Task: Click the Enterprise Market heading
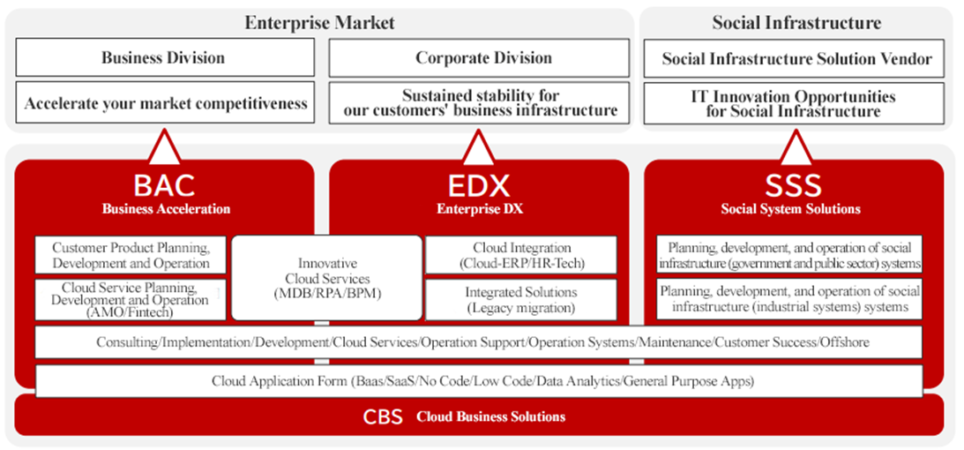point(319,23)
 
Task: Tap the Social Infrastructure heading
point(796,23)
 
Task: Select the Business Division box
point(165,57)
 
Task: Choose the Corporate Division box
point(479,57)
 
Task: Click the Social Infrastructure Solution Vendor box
point(794,58)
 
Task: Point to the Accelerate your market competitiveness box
point(165,102)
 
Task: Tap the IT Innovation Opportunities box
point(794,103)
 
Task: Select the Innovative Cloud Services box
point(327,278)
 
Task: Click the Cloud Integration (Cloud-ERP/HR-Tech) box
point(521,255)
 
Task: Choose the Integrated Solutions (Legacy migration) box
point(521,300)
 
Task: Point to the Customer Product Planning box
point(131,255)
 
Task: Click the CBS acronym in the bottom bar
point(383,416)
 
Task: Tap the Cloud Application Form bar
point(479,381)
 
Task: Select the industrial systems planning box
point(789,299)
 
